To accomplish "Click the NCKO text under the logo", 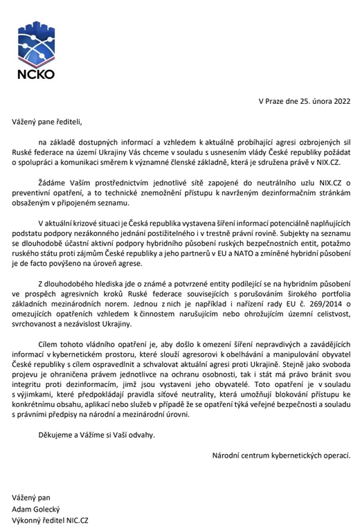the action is (x=38, y=72).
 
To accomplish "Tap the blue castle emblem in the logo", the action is (x=38, y=44).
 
